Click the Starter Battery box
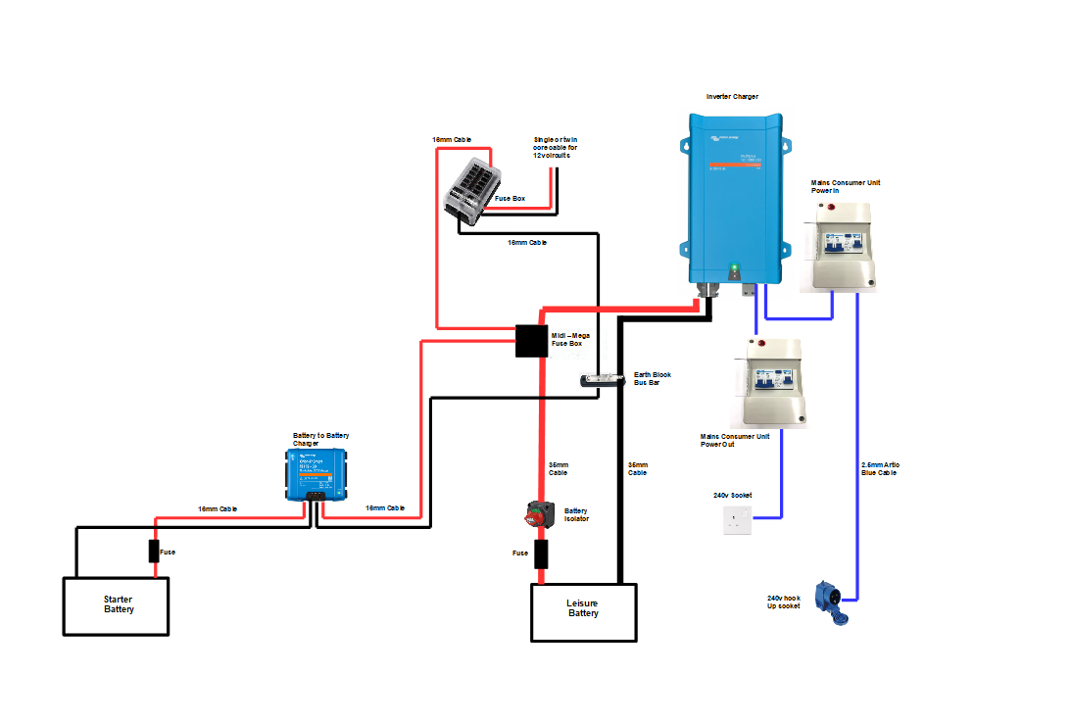tap(117, 605)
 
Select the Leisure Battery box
tap(583, 612)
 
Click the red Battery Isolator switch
tap(539, 512)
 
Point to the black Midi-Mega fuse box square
tap(532, 341)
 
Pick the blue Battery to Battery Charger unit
tap(316, 472)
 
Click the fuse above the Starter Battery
tap(154, 552)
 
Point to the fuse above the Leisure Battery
tap(540, 554)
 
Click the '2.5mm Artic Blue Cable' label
tap(880, 467)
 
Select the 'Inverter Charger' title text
tap(732, 97)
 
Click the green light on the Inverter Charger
tap(733, 266)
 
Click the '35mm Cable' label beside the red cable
tap(557, 468)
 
